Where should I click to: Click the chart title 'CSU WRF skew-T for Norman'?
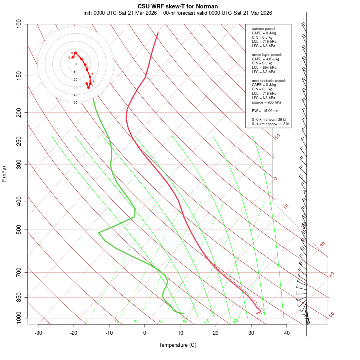[x=178, y=6]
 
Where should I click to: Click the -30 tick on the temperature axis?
[x=38, y=333]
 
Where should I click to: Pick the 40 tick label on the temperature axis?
[x=287, y=333]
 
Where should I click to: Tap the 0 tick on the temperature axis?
[x=145, y=333]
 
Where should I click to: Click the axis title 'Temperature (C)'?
[x=178, y=345]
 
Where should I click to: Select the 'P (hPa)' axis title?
[x=4, y=174]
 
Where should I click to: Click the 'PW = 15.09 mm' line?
[x=266, y=111]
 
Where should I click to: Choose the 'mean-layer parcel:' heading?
[x=267, y=54]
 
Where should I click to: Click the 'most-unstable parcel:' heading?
[x=269, y=80]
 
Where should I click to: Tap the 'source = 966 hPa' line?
[x=266, y=102]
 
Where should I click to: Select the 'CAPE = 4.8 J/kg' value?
[x=266, y=59]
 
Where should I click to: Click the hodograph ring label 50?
[x=75, y=102]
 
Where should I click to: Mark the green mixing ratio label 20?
[x=236, y=321]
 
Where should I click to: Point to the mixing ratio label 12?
[x=207, y=321]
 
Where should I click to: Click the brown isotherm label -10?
[x=277, y=137]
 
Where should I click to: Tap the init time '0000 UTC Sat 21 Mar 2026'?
[x=120, y=13]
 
